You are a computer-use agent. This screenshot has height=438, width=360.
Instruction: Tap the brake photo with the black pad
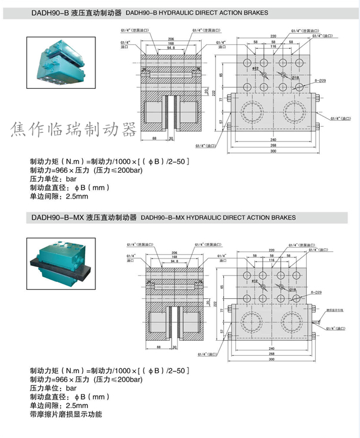(x=59, y=264)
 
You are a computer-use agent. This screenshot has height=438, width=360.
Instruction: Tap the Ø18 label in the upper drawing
(x=295, y=78)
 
